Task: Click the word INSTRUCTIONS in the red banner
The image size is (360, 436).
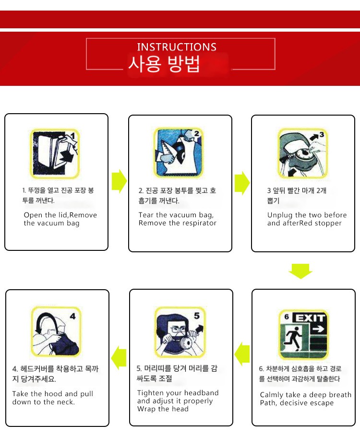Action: pos(177,47)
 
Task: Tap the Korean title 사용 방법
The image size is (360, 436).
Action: pos(164,64)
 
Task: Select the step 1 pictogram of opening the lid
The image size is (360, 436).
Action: pos(55,153)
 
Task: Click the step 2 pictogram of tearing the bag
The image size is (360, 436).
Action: pos(179,153)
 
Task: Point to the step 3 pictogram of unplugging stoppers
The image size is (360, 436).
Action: pos(303,153)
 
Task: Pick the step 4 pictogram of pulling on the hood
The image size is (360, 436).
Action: pos(56,331)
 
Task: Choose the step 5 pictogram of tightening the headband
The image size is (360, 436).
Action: pos(180,332)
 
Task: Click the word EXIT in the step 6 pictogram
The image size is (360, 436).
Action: pos(310,318)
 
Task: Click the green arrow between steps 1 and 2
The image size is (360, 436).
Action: pos(120,181)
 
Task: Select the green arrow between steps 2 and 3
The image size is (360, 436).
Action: pos(242,183)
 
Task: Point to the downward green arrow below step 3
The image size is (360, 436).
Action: pos(300,271)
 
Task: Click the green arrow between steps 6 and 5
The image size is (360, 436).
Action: pos(242,354)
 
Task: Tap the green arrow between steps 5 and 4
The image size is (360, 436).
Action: pos(119,358)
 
